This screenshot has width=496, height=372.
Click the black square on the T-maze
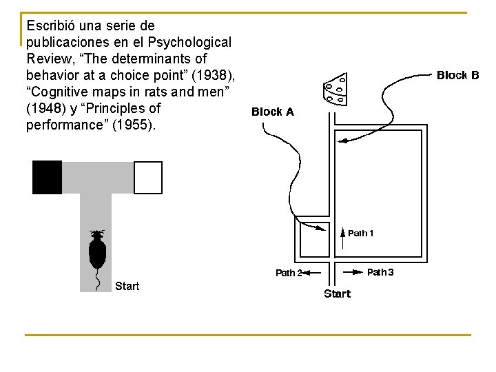coord(47,177)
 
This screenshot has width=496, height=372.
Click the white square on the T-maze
coord(147,177)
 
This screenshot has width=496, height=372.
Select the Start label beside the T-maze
coord(127,286)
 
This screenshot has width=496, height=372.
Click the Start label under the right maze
coord(337,294)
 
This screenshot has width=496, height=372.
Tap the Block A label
coord(273,112)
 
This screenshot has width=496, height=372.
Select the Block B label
coord(458,75)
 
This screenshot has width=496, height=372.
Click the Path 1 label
coord(361,234)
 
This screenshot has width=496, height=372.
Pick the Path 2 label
coord(288,273)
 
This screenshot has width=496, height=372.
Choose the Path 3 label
coord(380,272)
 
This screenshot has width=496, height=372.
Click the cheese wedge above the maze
coord(335,90)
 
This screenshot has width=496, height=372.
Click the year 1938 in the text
coord(213,75)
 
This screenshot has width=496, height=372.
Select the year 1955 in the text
coord(140,125)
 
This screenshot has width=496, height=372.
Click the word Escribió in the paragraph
coord(50,25)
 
